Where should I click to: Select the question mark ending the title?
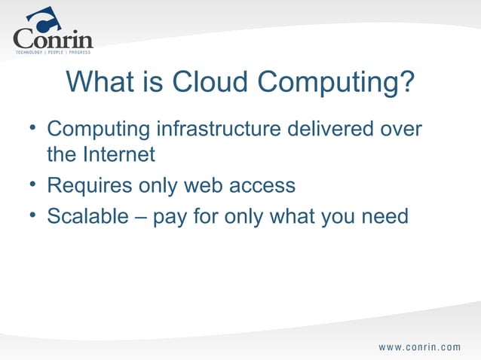coord(406,84)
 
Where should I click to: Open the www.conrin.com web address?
coord(419,347)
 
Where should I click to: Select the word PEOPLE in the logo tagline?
coord(55,53)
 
